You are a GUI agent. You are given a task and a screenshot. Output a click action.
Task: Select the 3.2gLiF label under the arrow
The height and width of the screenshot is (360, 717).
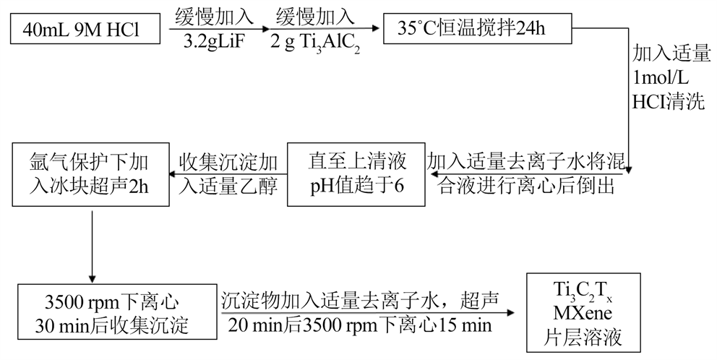click(x=216, y=41)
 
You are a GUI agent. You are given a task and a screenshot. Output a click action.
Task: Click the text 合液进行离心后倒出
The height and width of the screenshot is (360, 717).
click(x=526, y=185)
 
